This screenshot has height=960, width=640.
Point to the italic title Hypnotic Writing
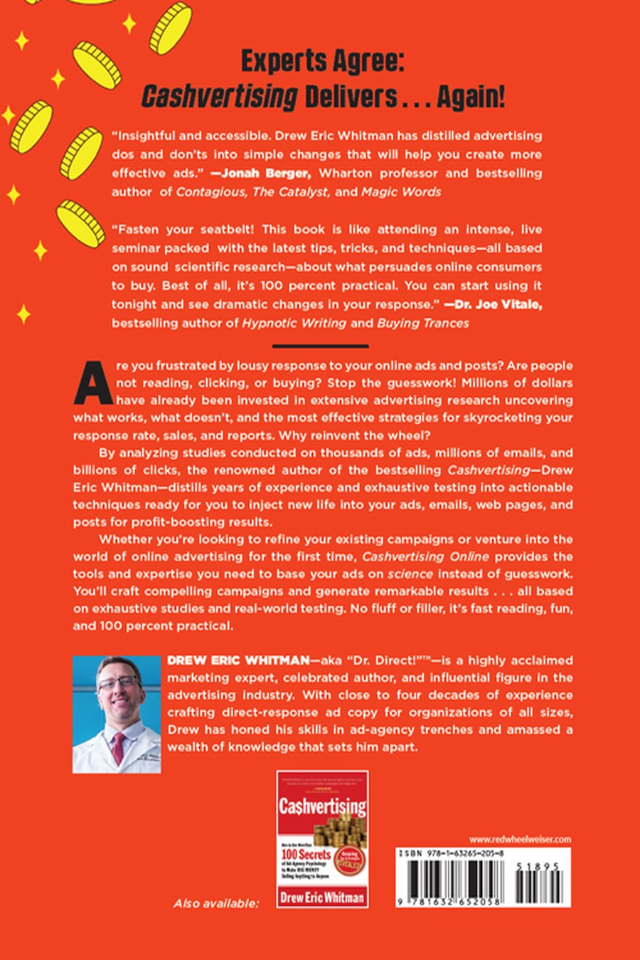[294, 323]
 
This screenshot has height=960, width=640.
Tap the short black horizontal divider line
[320, 346]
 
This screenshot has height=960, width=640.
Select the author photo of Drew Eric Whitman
[117, 713]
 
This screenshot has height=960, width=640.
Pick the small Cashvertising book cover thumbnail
[322, 838]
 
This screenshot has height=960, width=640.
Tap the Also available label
[216, 903]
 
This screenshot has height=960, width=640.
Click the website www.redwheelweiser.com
[520, 839]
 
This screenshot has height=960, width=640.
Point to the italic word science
[410, 574]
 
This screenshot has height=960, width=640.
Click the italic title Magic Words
[401, 192]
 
